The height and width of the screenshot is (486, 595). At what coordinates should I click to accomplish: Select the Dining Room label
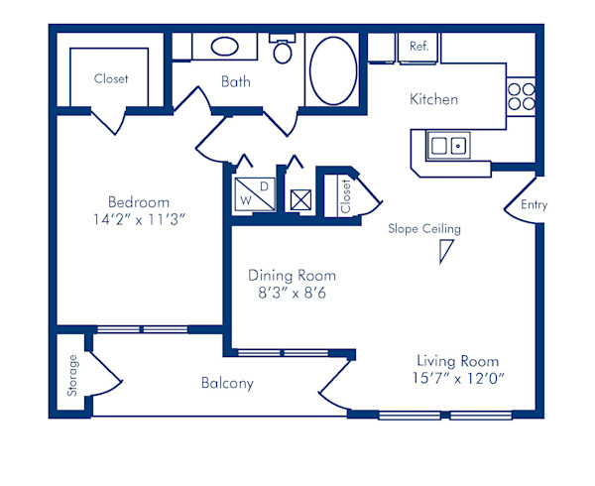tap(292, 276)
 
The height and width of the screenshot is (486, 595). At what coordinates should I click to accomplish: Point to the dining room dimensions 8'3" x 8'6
tap(292, 294)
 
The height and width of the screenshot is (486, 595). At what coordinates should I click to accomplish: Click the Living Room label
tap(457, 361)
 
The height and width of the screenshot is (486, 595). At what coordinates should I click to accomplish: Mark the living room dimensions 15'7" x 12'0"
tap(457, 379)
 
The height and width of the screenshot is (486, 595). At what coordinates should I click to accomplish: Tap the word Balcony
tap(227, 383)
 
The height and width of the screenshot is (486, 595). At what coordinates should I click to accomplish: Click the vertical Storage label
tap(72, 376)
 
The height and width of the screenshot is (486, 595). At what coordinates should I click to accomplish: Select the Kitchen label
tap(434, 99)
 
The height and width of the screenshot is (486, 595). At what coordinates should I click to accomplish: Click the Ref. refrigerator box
tap(418, 47)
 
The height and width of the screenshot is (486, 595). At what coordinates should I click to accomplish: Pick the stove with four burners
tap(521, 96)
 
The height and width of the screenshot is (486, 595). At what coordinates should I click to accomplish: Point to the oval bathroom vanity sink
tap(226, 47)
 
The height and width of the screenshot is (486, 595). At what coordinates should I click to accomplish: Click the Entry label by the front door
tap(533, 205)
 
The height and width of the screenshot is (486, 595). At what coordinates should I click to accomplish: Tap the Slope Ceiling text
tap(424, 229)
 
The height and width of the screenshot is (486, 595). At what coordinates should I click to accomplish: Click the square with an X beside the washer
tap(300, 196)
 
